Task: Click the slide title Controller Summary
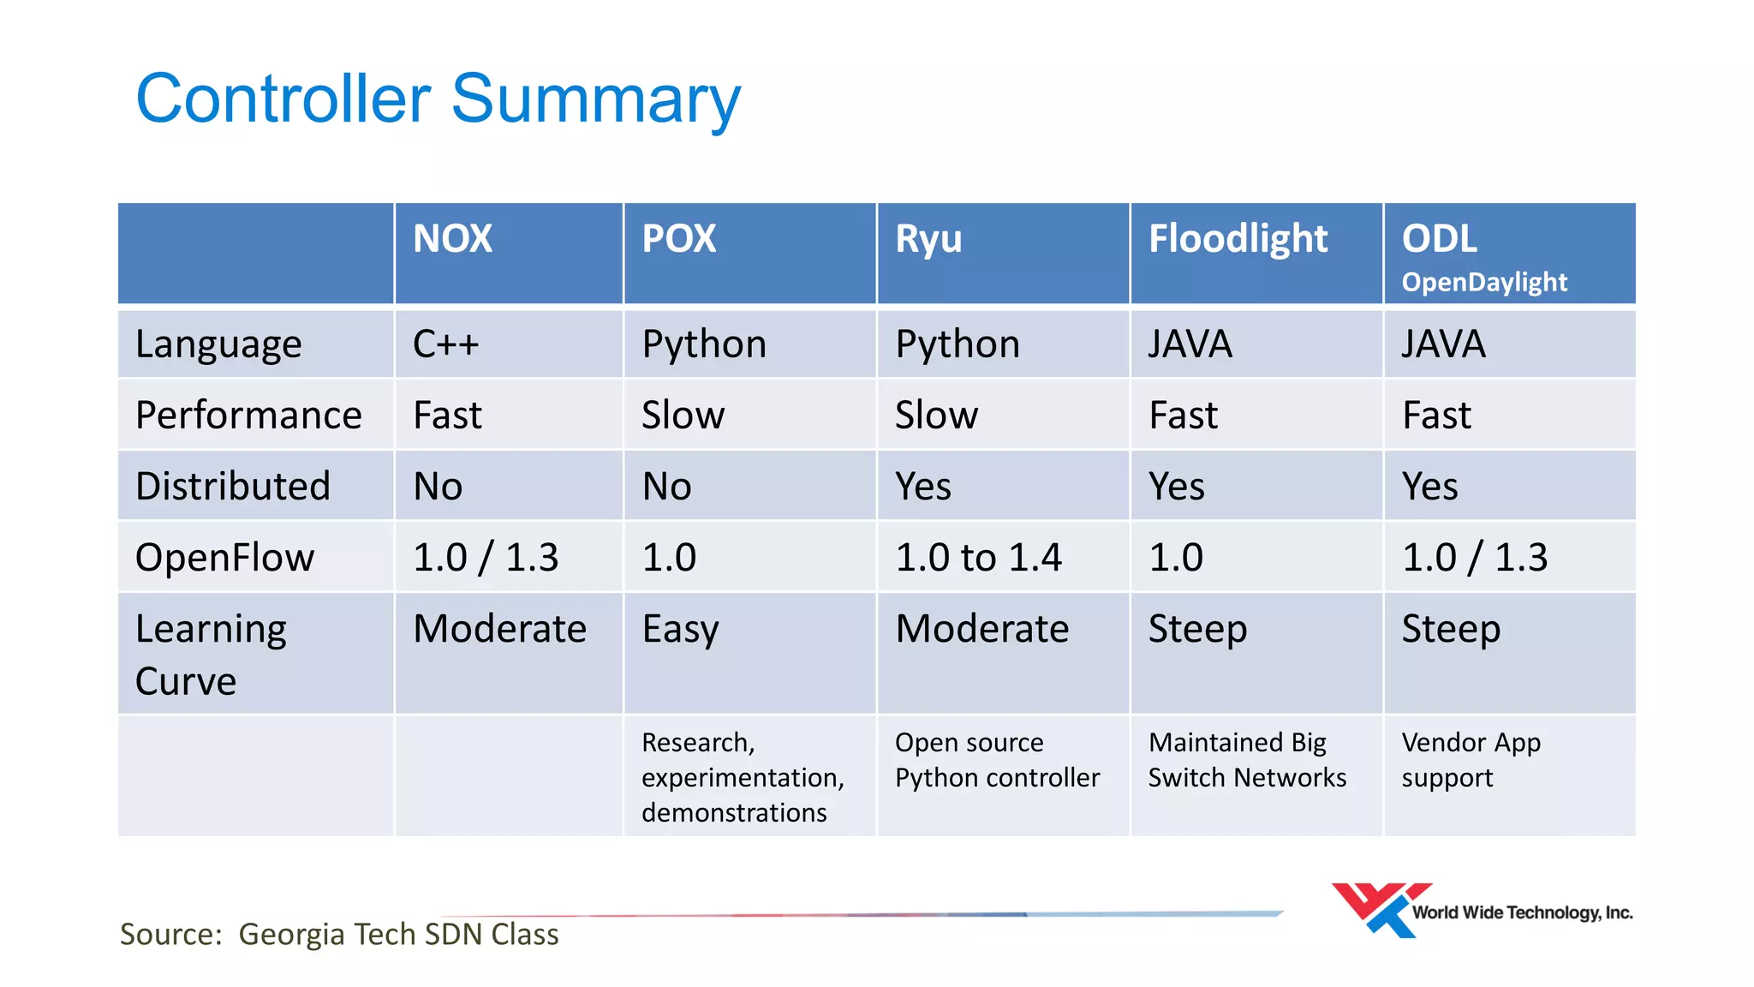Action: [x=438, y=99]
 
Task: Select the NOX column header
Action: [x=452, y=238]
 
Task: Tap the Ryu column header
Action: [x=928, y=239]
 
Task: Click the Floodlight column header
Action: [x=1238, y=238]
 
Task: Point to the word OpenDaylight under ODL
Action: [x=1484, y=282]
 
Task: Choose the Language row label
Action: [x=218, y=344]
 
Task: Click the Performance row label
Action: [x=248, y=416]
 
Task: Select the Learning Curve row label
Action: [x=211, y=655]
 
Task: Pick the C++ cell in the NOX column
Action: [x=445, y=344]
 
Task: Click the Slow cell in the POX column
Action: [x=683, y=416]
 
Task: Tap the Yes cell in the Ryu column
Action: [x=923, y=487]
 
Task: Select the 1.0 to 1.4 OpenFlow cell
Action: [x=978, y=558]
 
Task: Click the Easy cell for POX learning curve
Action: [x=680, y=630]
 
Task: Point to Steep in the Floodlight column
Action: [x=1197, y=630]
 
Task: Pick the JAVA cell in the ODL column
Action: [x=1443, y=344]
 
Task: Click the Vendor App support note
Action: [x=1471, y=760]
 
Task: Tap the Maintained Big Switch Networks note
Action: [x=1246, y=760]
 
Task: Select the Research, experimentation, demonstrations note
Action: [x=742, y=777]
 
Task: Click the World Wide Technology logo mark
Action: [x=1379, y=910]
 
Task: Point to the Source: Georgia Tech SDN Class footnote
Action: [x=339, y=934]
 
